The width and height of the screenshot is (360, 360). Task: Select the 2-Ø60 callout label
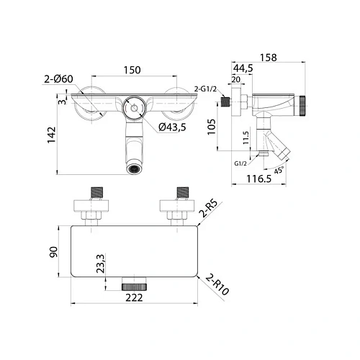[58, 79]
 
